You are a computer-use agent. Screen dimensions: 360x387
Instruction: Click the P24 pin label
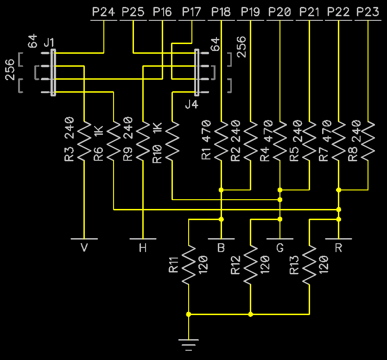pyautogui.click(x=103, y=12)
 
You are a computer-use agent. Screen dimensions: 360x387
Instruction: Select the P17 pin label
pyautogui.click(x=191, y=12)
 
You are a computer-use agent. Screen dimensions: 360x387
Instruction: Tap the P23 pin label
pyautogui.click(x=368, y=12)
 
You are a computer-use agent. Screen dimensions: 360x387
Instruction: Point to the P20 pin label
pyautogui.click(x=280, y=12)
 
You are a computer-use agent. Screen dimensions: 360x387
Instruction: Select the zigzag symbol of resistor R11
pyautogui.click(x=188, y=265)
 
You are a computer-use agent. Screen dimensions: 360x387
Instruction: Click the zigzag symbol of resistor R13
pyautogui.click(x=309, y=265)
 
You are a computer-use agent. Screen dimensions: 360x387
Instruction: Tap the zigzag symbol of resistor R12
pyautogui.click(x=250, y=265)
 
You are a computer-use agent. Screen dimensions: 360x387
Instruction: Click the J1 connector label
pyautogui.click(x=49, y=43)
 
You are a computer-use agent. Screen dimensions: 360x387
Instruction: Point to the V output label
pyautogui.click(x=84, y=248)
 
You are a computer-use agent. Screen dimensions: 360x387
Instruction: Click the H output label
pyautogui.click(x=143, y=248)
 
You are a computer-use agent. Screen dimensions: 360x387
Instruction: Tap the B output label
pyautogui.click(x=221, y=248)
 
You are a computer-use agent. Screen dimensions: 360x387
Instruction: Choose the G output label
pyautogui.click(x=280, y=248)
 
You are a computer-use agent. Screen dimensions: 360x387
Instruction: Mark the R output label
pyautogui.click(x=338, y=248)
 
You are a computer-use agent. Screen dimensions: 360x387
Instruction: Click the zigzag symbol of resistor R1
pyautogui.click(x=221, y=141)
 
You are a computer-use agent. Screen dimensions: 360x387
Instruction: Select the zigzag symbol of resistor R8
pyautogui.click(x=368, y=141)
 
